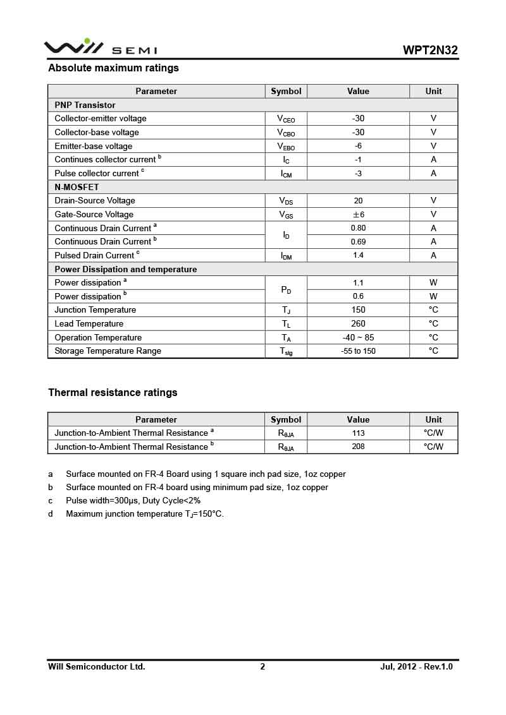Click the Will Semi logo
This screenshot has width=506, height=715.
[x=100, y=48]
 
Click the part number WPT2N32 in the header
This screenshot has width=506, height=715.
[x=430, y=50]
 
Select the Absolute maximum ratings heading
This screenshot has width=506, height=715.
[x=113, y=68]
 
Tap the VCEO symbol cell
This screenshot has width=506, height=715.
[x=286, y=119]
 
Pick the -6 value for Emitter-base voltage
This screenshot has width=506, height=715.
[x=358, y=146]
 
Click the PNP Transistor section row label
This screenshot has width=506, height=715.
[x=85, y=105]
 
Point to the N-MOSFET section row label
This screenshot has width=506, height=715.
[x=77, y=187]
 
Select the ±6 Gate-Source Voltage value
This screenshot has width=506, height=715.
[x=358, y=214]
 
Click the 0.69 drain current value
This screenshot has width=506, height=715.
[x=358, y=242]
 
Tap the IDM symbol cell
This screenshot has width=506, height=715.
[x=286, y=256]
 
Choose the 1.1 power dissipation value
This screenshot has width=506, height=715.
[x=358, y=283]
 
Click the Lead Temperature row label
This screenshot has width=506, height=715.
[x=89, y=323]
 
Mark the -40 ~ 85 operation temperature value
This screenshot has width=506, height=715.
[x=358, y=337]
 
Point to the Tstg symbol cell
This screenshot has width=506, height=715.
[x=286, y=351]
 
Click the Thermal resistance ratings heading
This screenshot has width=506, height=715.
[x=113, y=393]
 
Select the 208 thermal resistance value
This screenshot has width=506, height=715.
[x=358, y=447]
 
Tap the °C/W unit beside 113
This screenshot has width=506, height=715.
[x=433, y=433]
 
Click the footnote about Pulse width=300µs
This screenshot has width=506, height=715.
[x=133, y=500]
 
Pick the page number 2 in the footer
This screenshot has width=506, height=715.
[x=262, y=666]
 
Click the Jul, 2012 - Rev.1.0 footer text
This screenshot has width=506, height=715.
[x=416, y=666]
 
